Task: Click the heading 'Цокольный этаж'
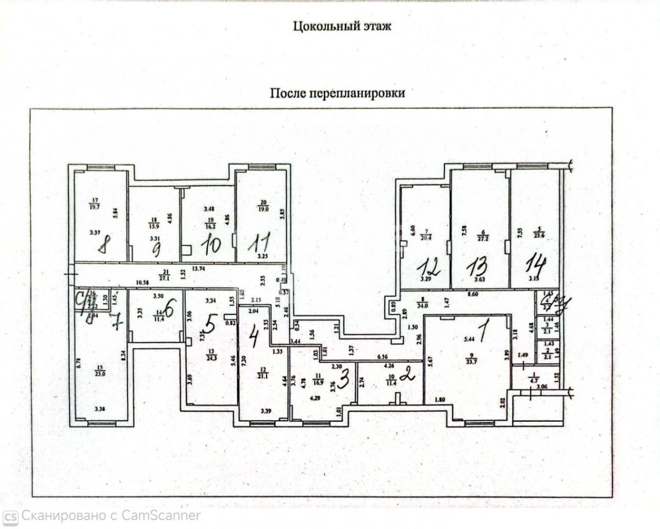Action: (341, 26)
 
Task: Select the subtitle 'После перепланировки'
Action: (338, 93)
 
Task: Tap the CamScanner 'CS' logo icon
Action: (11, 516)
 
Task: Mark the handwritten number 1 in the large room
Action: (482, 334)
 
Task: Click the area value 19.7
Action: (94, 207)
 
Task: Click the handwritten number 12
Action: (429, 268)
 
